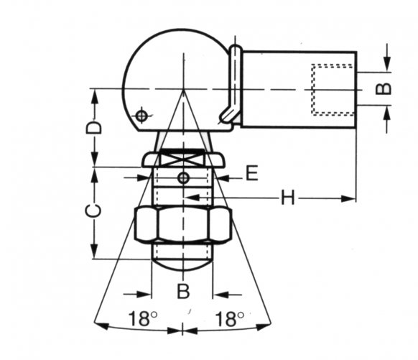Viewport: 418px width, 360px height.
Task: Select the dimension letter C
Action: click(93, 211)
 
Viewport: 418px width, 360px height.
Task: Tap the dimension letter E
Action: click(251, 174)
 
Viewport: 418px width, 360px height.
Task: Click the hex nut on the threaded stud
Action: click(183, 225)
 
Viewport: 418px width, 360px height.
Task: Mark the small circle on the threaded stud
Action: click(185, 177)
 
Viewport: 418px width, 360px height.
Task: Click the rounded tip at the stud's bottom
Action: click(183, 264)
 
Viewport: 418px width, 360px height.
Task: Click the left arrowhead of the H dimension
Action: click(188, 195)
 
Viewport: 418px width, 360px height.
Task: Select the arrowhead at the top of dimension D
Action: click(94, 93)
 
